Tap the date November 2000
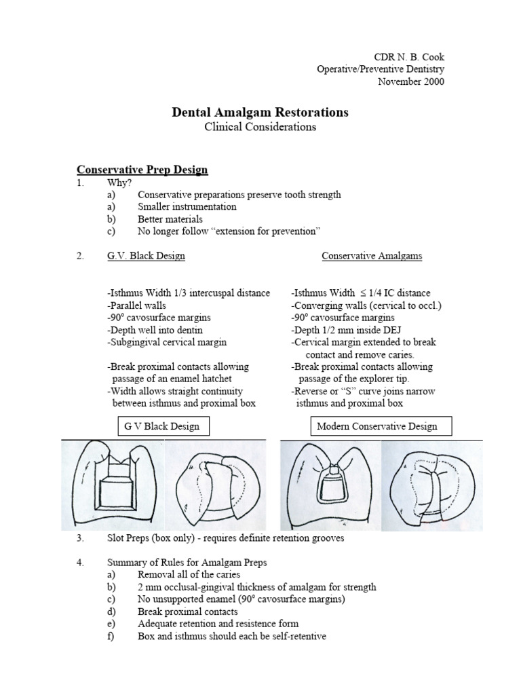tap(411, 81)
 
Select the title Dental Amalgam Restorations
tap(260, 112)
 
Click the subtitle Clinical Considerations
tap(260, 127)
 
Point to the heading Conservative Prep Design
tap(142, 169)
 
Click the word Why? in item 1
tap(119, 183)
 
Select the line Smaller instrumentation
tap(187, 206)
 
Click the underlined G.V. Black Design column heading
tap(145, 256)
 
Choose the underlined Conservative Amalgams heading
tap(372, 256)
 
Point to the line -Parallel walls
tap(136, 305)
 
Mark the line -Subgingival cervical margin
tap(167, 342)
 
